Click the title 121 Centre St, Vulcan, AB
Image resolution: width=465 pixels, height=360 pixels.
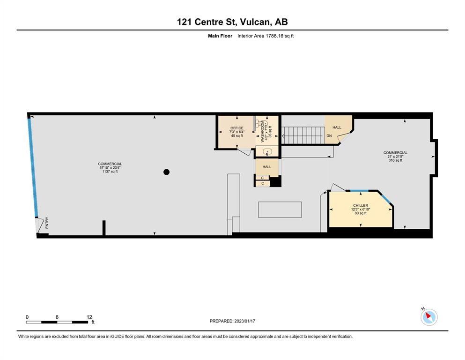click(x=232, y=22)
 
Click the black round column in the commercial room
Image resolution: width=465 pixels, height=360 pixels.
click(x=166, y=172)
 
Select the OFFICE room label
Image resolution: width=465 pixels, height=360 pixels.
click(x=236, y=128)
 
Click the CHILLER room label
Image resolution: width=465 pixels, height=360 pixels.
click(x=360, y=205)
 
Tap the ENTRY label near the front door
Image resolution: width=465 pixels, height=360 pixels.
click(x=47, y=224)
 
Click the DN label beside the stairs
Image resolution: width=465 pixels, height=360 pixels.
click(x=329, y=136)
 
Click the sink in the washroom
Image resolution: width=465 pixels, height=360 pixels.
click(x=267, y=151)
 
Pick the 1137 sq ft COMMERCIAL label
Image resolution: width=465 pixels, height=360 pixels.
click(x=110, y=168)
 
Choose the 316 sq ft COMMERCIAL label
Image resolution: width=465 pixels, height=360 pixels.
click(x=395, y=157)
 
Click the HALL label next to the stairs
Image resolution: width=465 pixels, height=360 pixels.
click(x=337, y=127)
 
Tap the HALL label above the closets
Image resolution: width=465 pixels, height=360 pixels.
click(x=267, y=167)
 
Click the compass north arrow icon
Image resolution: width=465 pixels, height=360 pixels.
click(x=429, y=317)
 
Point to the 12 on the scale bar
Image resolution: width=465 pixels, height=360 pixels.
click(x=89, y=317)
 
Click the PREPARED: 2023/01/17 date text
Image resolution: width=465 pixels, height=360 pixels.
click(x=232, y=321)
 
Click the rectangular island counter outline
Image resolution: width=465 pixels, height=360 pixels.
click(x=280, y=210)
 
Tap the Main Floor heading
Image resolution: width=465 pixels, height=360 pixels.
click(x=220, y=36)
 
